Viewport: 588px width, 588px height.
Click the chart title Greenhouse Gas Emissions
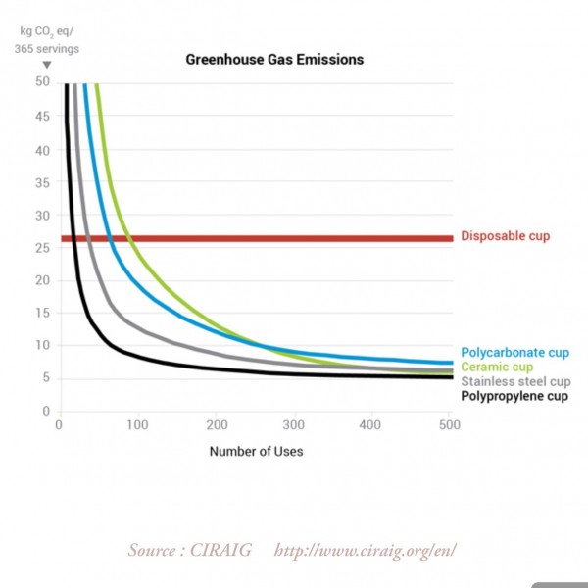274,60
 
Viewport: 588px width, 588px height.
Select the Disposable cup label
505,236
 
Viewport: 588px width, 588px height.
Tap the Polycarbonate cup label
514,353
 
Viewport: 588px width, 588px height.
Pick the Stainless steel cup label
514,381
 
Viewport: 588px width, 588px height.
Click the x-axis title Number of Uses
256,452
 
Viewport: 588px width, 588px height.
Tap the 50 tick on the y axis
43,82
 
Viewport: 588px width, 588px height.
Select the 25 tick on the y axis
43,248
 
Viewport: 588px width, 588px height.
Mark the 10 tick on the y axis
43,346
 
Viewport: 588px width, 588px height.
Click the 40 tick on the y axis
43,149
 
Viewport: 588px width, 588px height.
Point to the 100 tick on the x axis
137,425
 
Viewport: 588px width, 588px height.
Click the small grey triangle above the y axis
46,66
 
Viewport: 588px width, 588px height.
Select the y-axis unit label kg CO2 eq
43,31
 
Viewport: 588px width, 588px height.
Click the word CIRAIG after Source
218,551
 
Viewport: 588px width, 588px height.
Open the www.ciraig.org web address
366,551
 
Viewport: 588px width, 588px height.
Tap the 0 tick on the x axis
60,425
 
